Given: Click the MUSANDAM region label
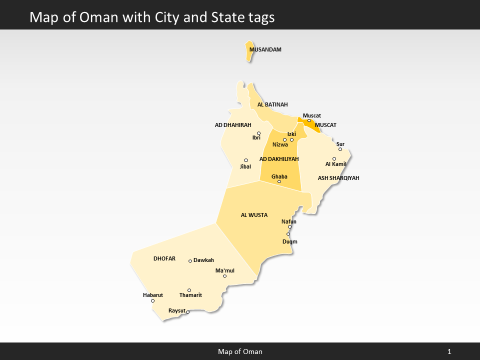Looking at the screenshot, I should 265,50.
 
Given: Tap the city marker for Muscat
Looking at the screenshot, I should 309,120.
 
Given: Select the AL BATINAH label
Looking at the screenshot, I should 272,105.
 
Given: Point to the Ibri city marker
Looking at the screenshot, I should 258,133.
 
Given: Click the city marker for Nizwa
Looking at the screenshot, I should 284,140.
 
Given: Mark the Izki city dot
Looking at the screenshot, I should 291,139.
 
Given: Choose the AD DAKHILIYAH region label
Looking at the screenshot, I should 279,159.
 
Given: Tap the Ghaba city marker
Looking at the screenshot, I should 279,181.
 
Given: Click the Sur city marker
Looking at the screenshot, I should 340,149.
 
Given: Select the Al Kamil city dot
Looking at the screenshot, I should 334,159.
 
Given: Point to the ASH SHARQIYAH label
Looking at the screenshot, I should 338,178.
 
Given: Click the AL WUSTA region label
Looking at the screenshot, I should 254,215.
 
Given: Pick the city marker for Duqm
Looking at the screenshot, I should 288,234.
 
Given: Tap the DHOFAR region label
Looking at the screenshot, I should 164,259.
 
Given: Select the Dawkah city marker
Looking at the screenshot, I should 190,260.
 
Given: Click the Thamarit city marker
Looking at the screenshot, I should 189,290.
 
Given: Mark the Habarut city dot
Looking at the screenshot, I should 152,300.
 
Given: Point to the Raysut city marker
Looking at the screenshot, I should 187,312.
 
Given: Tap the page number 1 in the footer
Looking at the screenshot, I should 449,352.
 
